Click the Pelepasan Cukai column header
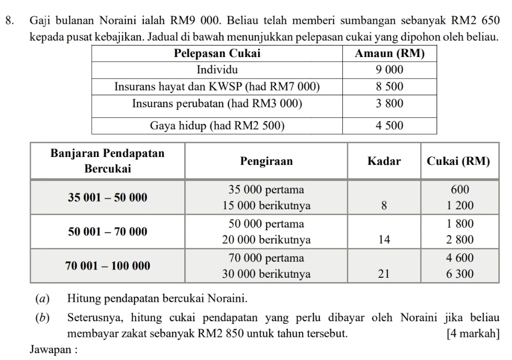pos(216,53)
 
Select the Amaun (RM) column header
pos(389,53)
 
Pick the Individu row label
pos(216,70)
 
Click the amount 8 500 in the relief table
pos(389,86)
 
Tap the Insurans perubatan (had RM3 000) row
pos(217,104)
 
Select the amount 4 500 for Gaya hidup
pos(389,126)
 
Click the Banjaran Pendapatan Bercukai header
pos(108,161)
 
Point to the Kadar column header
pos(384,161)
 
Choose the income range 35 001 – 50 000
pos(108,197)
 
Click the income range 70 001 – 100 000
pos(108,266)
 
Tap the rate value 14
pos(384,240)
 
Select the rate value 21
pos(384,275)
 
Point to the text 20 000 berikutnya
pos(266,240)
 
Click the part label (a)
pos(40,299)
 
